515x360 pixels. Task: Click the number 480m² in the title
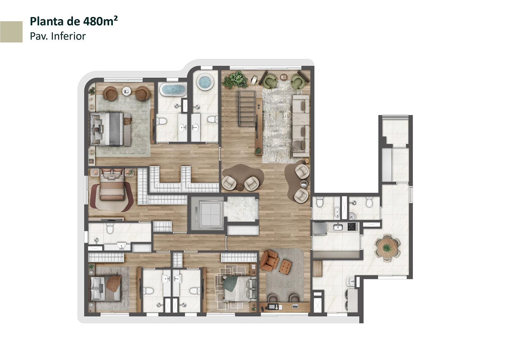(100, 21)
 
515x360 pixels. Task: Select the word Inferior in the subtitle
(68, 36)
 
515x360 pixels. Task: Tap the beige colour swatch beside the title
(11, 32)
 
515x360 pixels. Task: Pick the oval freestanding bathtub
(173, 89)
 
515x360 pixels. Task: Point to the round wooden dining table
(387, 248)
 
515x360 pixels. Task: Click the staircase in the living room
(247, 108)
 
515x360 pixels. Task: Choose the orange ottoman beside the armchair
(286, 267)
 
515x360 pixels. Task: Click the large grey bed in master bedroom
(110, 129)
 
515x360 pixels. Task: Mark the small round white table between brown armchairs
(126, 91)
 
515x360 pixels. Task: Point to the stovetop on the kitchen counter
(353, 227)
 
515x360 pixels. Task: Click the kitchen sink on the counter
(338, 227)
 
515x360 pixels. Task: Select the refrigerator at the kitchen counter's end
(319, 228)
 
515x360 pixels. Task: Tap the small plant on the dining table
(387, 248)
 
